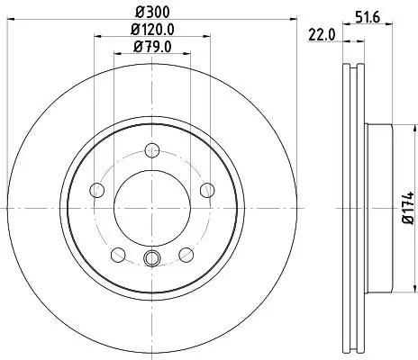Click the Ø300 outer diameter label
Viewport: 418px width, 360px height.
152,13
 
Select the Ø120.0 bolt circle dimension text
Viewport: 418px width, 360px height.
152,30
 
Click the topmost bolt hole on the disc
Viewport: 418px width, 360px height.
151,150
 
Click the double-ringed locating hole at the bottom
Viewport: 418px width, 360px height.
151,261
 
